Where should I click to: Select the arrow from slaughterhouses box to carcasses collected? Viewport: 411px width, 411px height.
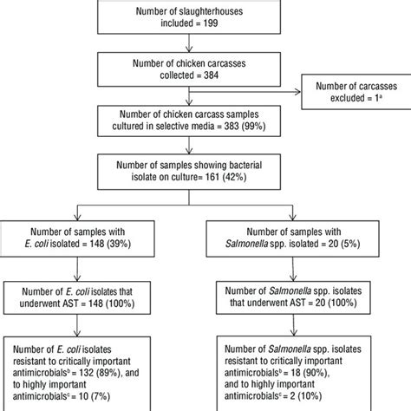(x=205, y=44)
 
